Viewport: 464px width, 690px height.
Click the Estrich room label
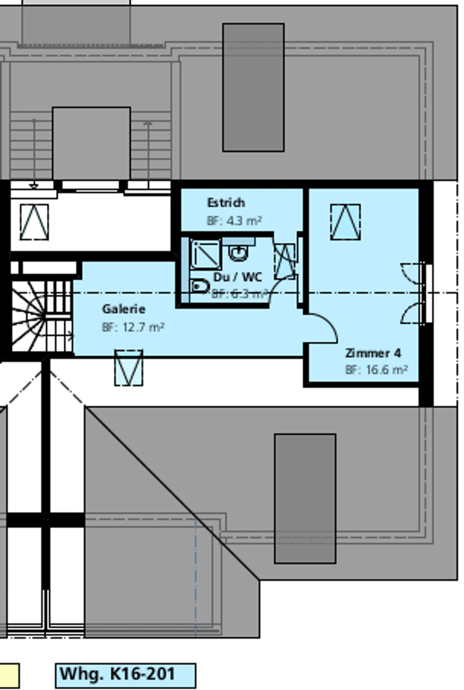[226, 203]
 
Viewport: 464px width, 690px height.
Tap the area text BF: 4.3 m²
[234, 221]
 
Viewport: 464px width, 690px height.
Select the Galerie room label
[124, 309]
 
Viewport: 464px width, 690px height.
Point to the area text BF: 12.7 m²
[133, 327]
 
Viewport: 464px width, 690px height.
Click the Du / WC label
[238, 277]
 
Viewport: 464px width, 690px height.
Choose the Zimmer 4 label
[373, 353]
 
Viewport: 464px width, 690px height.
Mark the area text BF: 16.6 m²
[376, 370]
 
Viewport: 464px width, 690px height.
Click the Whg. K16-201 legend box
[125, 675]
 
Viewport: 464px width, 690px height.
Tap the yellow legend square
[9, 675]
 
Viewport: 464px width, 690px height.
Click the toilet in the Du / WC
[199, 286]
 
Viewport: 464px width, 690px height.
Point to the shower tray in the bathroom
[206, 254]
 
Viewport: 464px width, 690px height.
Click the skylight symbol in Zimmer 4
[345, 222]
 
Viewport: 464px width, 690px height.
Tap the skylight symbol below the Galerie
[129, 368]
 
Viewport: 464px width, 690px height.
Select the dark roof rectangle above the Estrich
[253, 87]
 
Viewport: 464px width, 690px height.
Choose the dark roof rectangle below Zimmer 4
[305, 498]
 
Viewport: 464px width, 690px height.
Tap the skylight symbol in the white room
[34, 222]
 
